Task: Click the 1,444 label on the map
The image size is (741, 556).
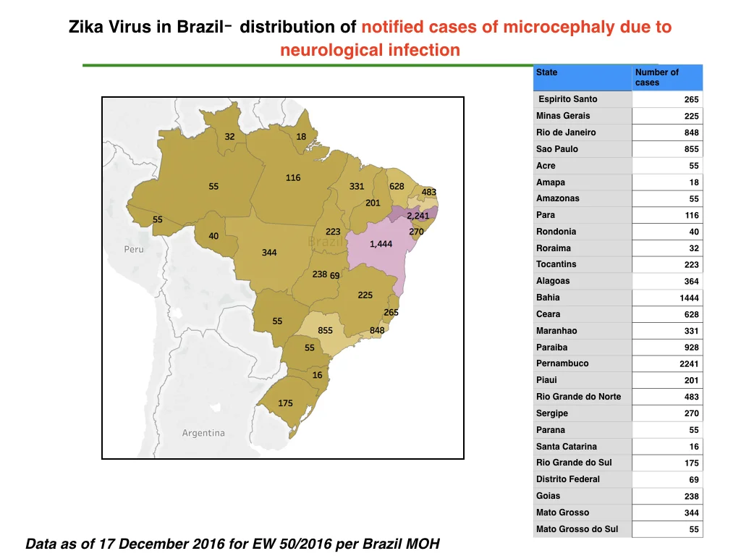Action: [x=381, y=244]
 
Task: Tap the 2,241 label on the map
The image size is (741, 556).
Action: [x=418, y=216]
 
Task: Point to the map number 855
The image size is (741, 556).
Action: [x=325, y=330]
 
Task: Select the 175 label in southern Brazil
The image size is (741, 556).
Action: [x=285, y=403]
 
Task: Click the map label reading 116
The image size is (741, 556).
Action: [x=293, y=178]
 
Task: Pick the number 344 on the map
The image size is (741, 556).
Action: [x=269, y=253]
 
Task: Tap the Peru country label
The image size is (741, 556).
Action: [x=134, y=249]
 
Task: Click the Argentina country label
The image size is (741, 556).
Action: [x=203, y=433]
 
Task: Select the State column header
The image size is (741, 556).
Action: [x=547, y=72]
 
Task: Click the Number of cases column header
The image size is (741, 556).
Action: [x=657, y=77]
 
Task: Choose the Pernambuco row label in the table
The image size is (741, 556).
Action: [x=562, y=363]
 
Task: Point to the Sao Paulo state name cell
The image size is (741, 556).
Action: [x=557, y=149]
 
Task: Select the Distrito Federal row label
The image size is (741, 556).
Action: [x=568, y=479]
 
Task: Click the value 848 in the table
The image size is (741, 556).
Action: [x=691, y=133]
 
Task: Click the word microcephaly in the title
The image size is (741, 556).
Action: [x=559, y=28]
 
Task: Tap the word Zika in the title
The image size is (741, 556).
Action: [x=86, y=27]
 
